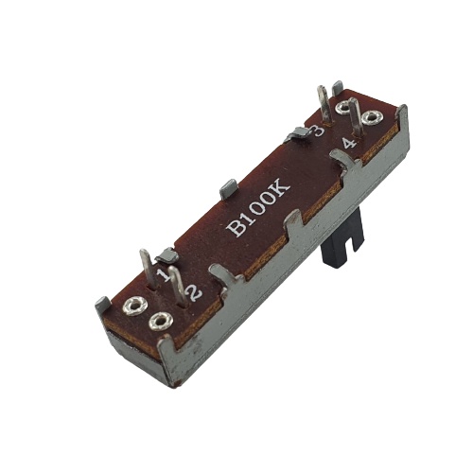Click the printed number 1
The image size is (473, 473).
pyautogui.click(x=165, y=275)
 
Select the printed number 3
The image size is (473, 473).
pyautogui.click(x=317, y=131)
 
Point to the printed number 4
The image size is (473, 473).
pyautogui.click(x=350, y=144)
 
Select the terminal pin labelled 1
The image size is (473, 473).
pyautogui.click(x=148, y=268)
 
